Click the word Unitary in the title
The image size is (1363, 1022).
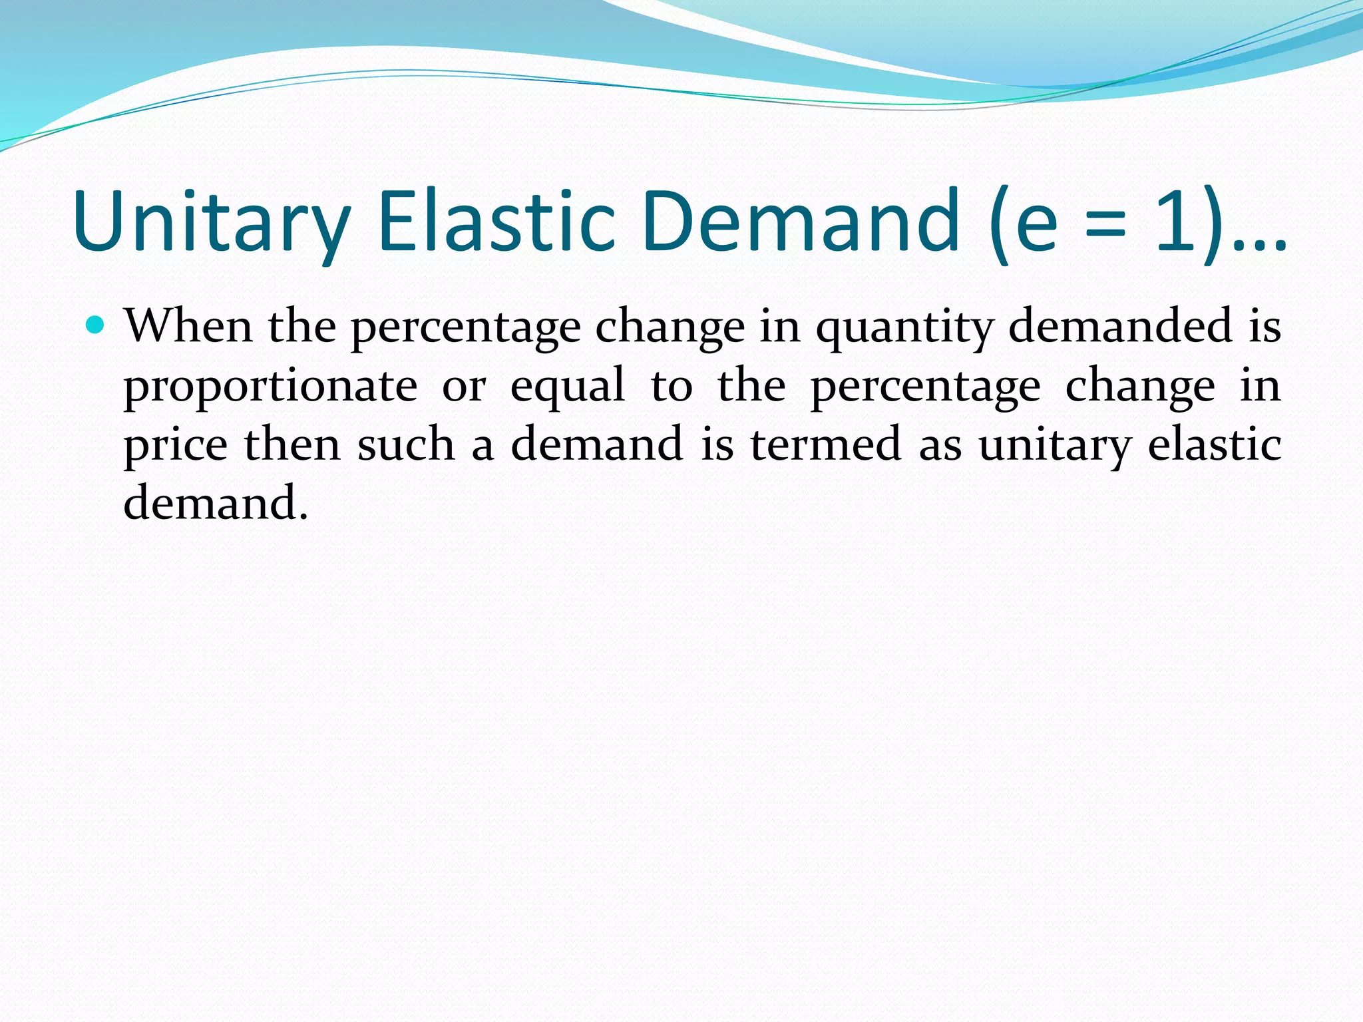point(212,221)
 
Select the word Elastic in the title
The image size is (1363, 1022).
point(496,221)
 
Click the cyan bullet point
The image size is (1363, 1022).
point(96,325)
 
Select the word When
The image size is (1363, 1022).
point(188,326)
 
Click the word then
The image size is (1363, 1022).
point(292,444)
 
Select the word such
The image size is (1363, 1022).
point(406,444)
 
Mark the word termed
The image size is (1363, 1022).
point(826,444)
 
